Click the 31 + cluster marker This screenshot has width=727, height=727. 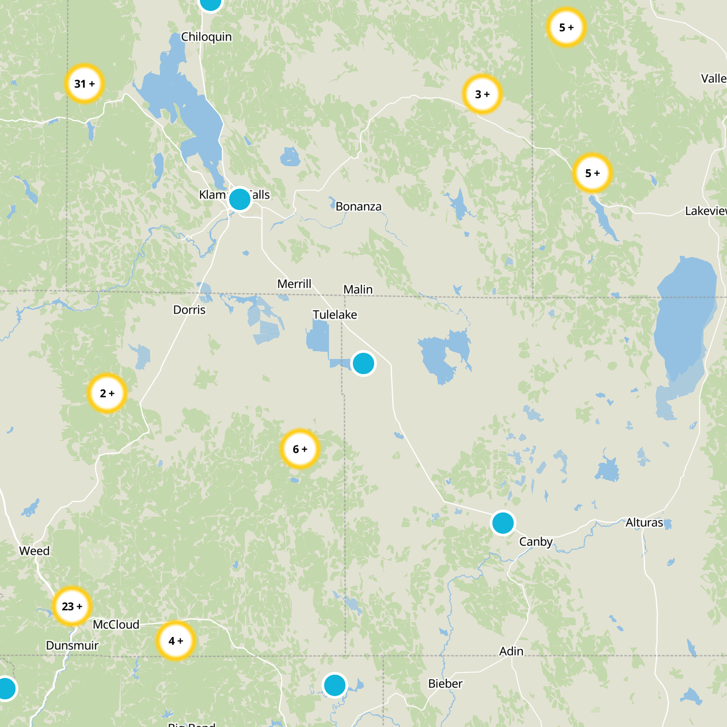coord(85,84)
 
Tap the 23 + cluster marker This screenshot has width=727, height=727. coord(72,606)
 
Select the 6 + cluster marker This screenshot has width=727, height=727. coord(300,449)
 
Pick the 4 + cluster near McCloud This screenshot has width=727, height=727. coord(175,641)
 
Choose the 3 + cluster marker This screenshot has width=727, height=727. coord(482,94)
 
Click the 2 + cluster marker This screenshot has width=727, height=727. coord(107,393)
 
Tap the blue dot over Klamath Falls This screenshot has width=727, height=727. coord(239,199)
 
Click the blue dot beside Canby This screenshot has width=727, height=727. coord(503,523)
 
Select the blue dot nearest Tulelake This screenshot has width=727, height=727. coord(363,363)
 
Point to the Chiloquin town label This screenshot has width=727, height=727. coord(206,37)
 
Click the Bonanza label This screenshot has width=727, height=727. coord(359,207)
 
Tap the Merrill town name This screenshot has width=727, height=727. coord(294,284)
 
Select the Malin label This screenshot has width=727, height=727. coord(358,289)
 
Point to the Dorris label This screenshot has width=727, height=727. coord(189,310)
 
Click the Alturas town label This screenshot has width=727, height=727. coord(644,523)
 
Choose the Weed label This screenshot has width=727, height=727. coord(35,551)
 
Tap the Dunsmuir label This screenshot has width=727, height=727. coord(72,645)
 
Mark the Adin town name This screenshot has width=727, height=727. coord(511,651)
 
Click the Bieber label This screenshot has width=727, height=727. coord(445,683)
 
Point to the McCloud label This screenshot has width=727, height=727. coord(116,624)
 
